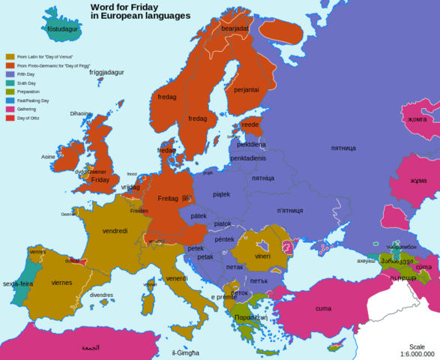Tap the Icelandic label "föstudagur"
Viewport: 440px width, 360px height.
click(63, 29)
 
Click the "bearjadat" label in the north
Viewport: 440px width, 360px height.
click(234, 28)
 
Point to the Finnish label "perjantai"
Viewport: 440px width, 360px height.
click(246, 89)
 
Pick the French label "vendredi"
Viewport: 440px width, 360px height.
click(115, 231)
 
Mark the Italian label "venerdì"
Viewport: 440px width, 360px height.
click(177, 278)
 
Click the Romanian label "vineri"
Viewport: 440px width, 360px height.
click(262, 256)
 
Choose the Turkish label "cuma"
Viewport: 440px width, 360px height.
click(323, 308)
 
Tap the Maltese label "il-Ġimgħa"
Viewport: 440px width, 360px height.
click(184, 352)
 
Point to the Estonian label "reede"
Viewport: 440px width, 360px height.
click(250, 124)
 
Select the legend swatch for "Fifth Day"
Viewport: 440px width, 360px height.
click(10, 73)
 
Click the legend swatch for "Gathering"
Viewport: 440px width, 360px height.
click(10, 109)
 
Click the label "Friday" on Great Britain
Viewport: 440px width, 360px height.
click(100, 180)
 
